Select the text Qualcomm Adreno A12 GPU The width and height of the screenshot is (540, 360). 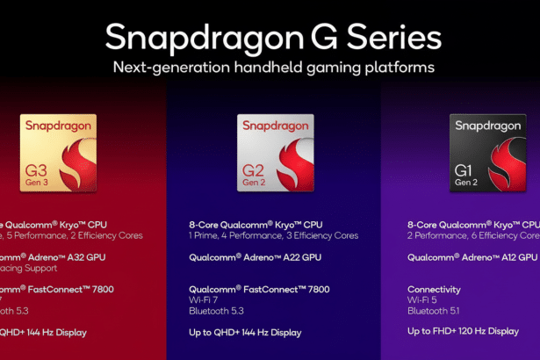[x=472, y=257]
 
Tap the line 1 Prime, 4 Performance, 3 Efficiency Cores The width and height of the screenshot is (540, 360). [x=273, y=235]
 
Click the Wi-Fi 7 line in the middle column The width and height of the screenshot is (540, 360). [x=205, y=299]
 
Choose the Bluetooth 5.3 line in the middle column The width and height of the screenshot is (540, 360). [x=215, y=311]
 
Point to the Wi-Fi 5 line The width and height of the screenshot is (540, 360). [x=422, y=299]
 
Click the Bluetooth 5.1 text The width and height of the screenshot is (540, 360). [x=433, y=311]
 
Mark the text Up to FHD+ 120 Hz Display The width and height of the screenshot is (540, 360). [x=463, y=331]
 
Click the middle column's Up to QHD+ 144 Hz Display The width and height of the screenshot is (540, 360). [x=245, y=332]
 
